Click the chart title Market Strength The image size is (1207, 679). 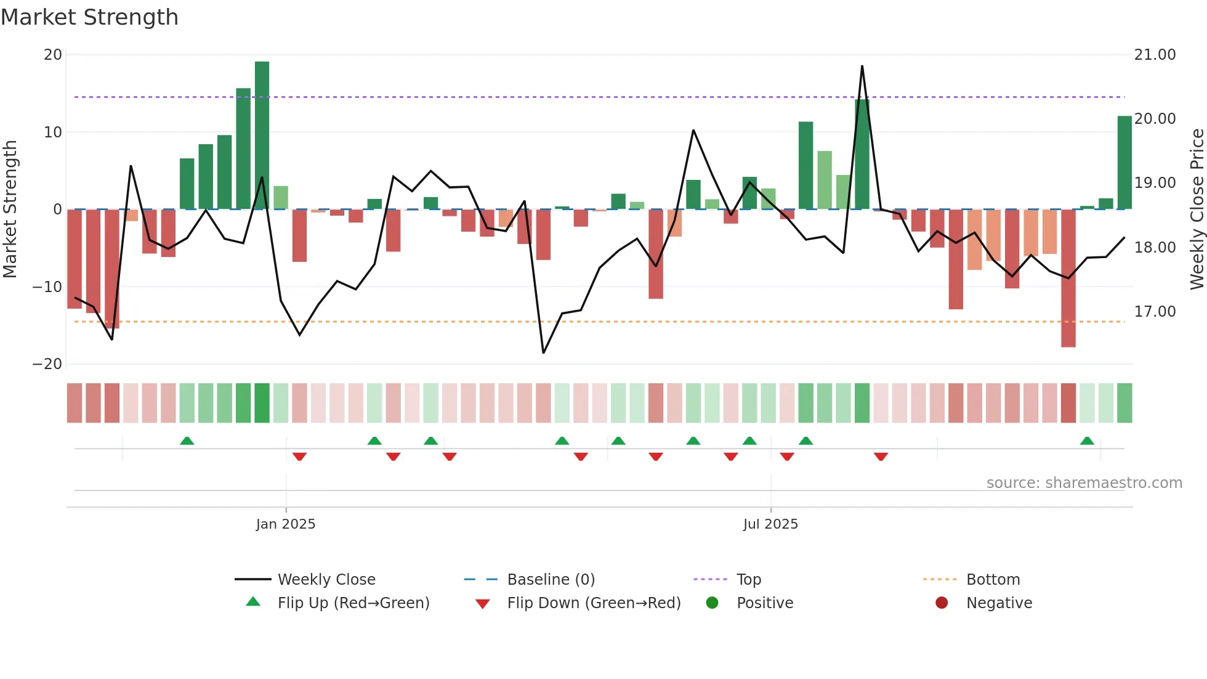(x=90, y=17)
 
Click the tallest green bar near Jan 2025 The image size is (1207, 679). (x=262, y=136)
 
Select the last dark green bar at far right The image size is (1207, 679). (x=1124, y=163)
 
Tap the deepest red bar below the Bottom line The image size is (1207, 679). (x=1068, y=279)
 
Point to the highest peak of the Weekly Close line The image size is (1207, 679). (x=862, y=67)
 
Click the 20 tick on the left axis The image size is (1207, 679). (x=53, y=55)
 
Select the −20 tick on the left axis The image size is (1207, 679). (x=47, y=364)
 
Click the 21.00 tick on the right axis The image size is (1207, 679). (x=1155, y=55)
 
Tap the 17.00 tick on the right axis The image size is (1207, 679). (x=1155, y=312)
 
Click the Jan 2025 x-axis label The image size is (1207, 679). (x=286, y=524)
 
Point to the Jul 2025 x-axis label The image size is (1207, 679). (x=770, y=524)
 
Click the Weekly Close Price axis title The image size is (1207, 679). (x=1197, y=209)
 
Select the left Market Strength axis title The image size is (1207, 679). (x=10, y=209)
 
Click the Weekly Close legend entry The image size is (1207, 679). (x=326, y=580)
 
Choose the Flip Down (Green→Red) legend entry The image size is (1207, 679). (x=593, y=603)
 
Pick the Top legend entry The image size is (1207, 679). (x=748, y=580)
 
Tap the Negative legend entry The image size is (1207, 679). (x=998, y=603)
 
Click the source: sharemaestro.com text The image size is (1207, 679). (x=1084, y=483)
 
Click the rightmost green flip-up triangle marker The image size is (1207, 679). (x=1087, y=441)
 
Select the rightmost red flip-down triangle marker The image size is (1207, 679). (x=881, y=457)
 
